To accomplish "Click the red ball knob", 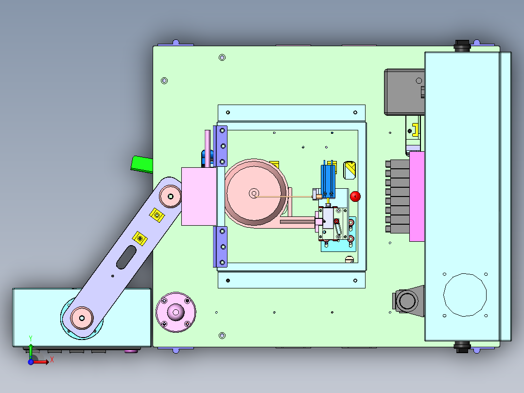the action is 355,196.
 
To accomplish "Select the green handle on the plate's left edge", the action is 142,164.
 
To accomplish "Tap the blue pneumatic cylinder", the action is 328,181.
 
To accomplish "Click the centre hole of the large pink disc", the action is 254,193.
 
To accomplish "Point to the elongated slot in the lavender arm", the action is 126,257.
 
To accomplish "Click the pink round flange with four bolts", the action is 176,312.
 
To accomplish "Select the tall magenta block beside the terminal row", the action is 417,196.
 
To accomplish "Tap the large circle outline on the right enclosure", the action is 465,274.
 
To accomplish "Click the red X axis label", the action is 52,360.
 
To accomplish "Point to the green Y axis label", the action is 31,338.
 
